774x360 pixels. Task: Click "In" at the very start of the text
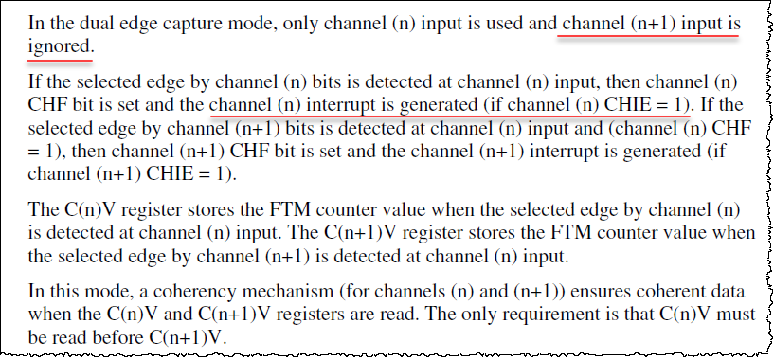tap(37, 20)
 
